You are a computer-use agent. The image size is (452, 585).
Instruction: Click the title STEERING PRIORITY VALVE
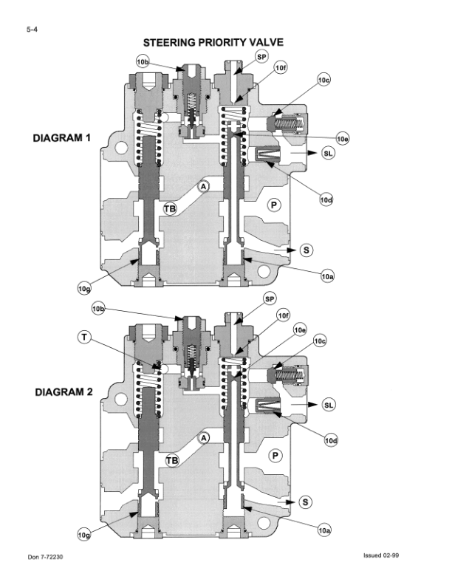pos(213,43)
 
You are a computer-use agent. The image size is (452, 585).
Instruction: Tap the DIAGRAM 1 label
pos(62,138)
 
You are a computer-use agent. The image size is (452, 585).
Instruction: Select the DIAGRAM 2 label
pos(64,392)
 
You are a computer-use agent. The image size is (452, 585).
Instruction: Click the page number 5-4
pos(32,30)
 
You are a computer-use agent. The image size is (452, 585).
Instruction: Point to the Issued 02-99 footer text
pos(381,555)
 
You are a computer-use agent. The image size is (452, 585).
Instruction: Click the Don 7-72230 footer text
pos(45,557)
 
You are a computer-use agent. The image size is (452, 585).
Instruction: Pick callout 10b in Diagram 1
pos(143,61)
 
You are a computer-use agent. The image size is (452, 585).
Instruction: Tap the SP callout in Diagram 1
pos(261,56)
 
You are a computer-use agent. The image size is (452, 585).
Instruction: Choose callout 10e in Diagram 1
pos(343,139)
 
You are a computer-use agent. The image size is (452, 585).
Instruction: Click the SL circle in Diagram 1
pos(328,153)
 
